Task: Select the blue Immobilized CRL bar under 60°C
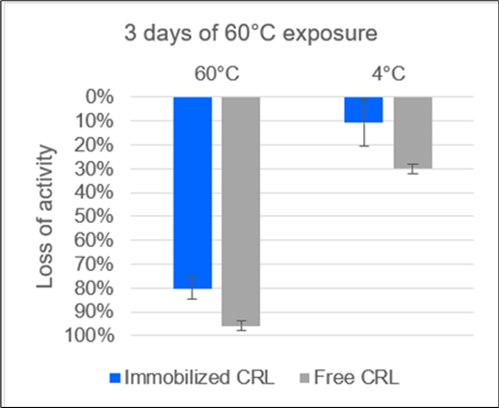coord(192,192)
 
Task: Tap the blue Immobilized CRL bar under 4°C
coord(364,109)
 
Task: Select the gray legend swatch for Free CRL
coord(291,377)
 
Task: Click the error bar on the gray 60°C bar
coord(241,325)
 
